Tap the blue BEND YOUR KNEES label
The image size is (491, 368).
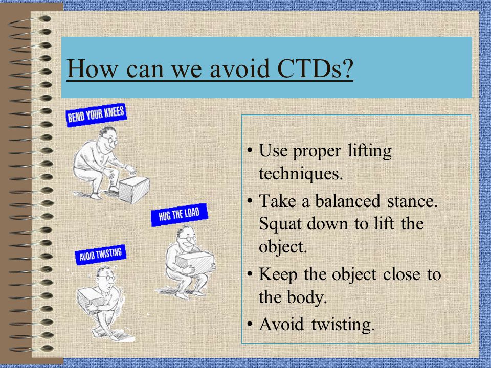point(96,115)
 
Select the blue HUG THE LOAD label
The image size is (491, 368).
point(179,215)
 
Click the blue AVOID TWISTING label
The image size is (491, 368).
point(100,255)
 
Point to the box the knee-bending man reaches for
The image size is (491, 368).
point(134,189)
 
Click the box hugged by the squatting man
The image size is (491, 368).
point(195,261)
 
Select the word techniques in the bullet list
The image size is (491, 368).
point(301,174)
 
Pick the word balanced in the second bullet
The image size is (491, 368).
point(348,201)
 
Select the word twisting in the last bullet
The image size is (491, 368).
point(343,325)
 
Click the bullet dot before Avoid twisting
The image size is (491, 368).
point(250,324)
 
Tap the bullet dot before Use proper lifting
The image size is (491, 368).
point(250,150)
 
